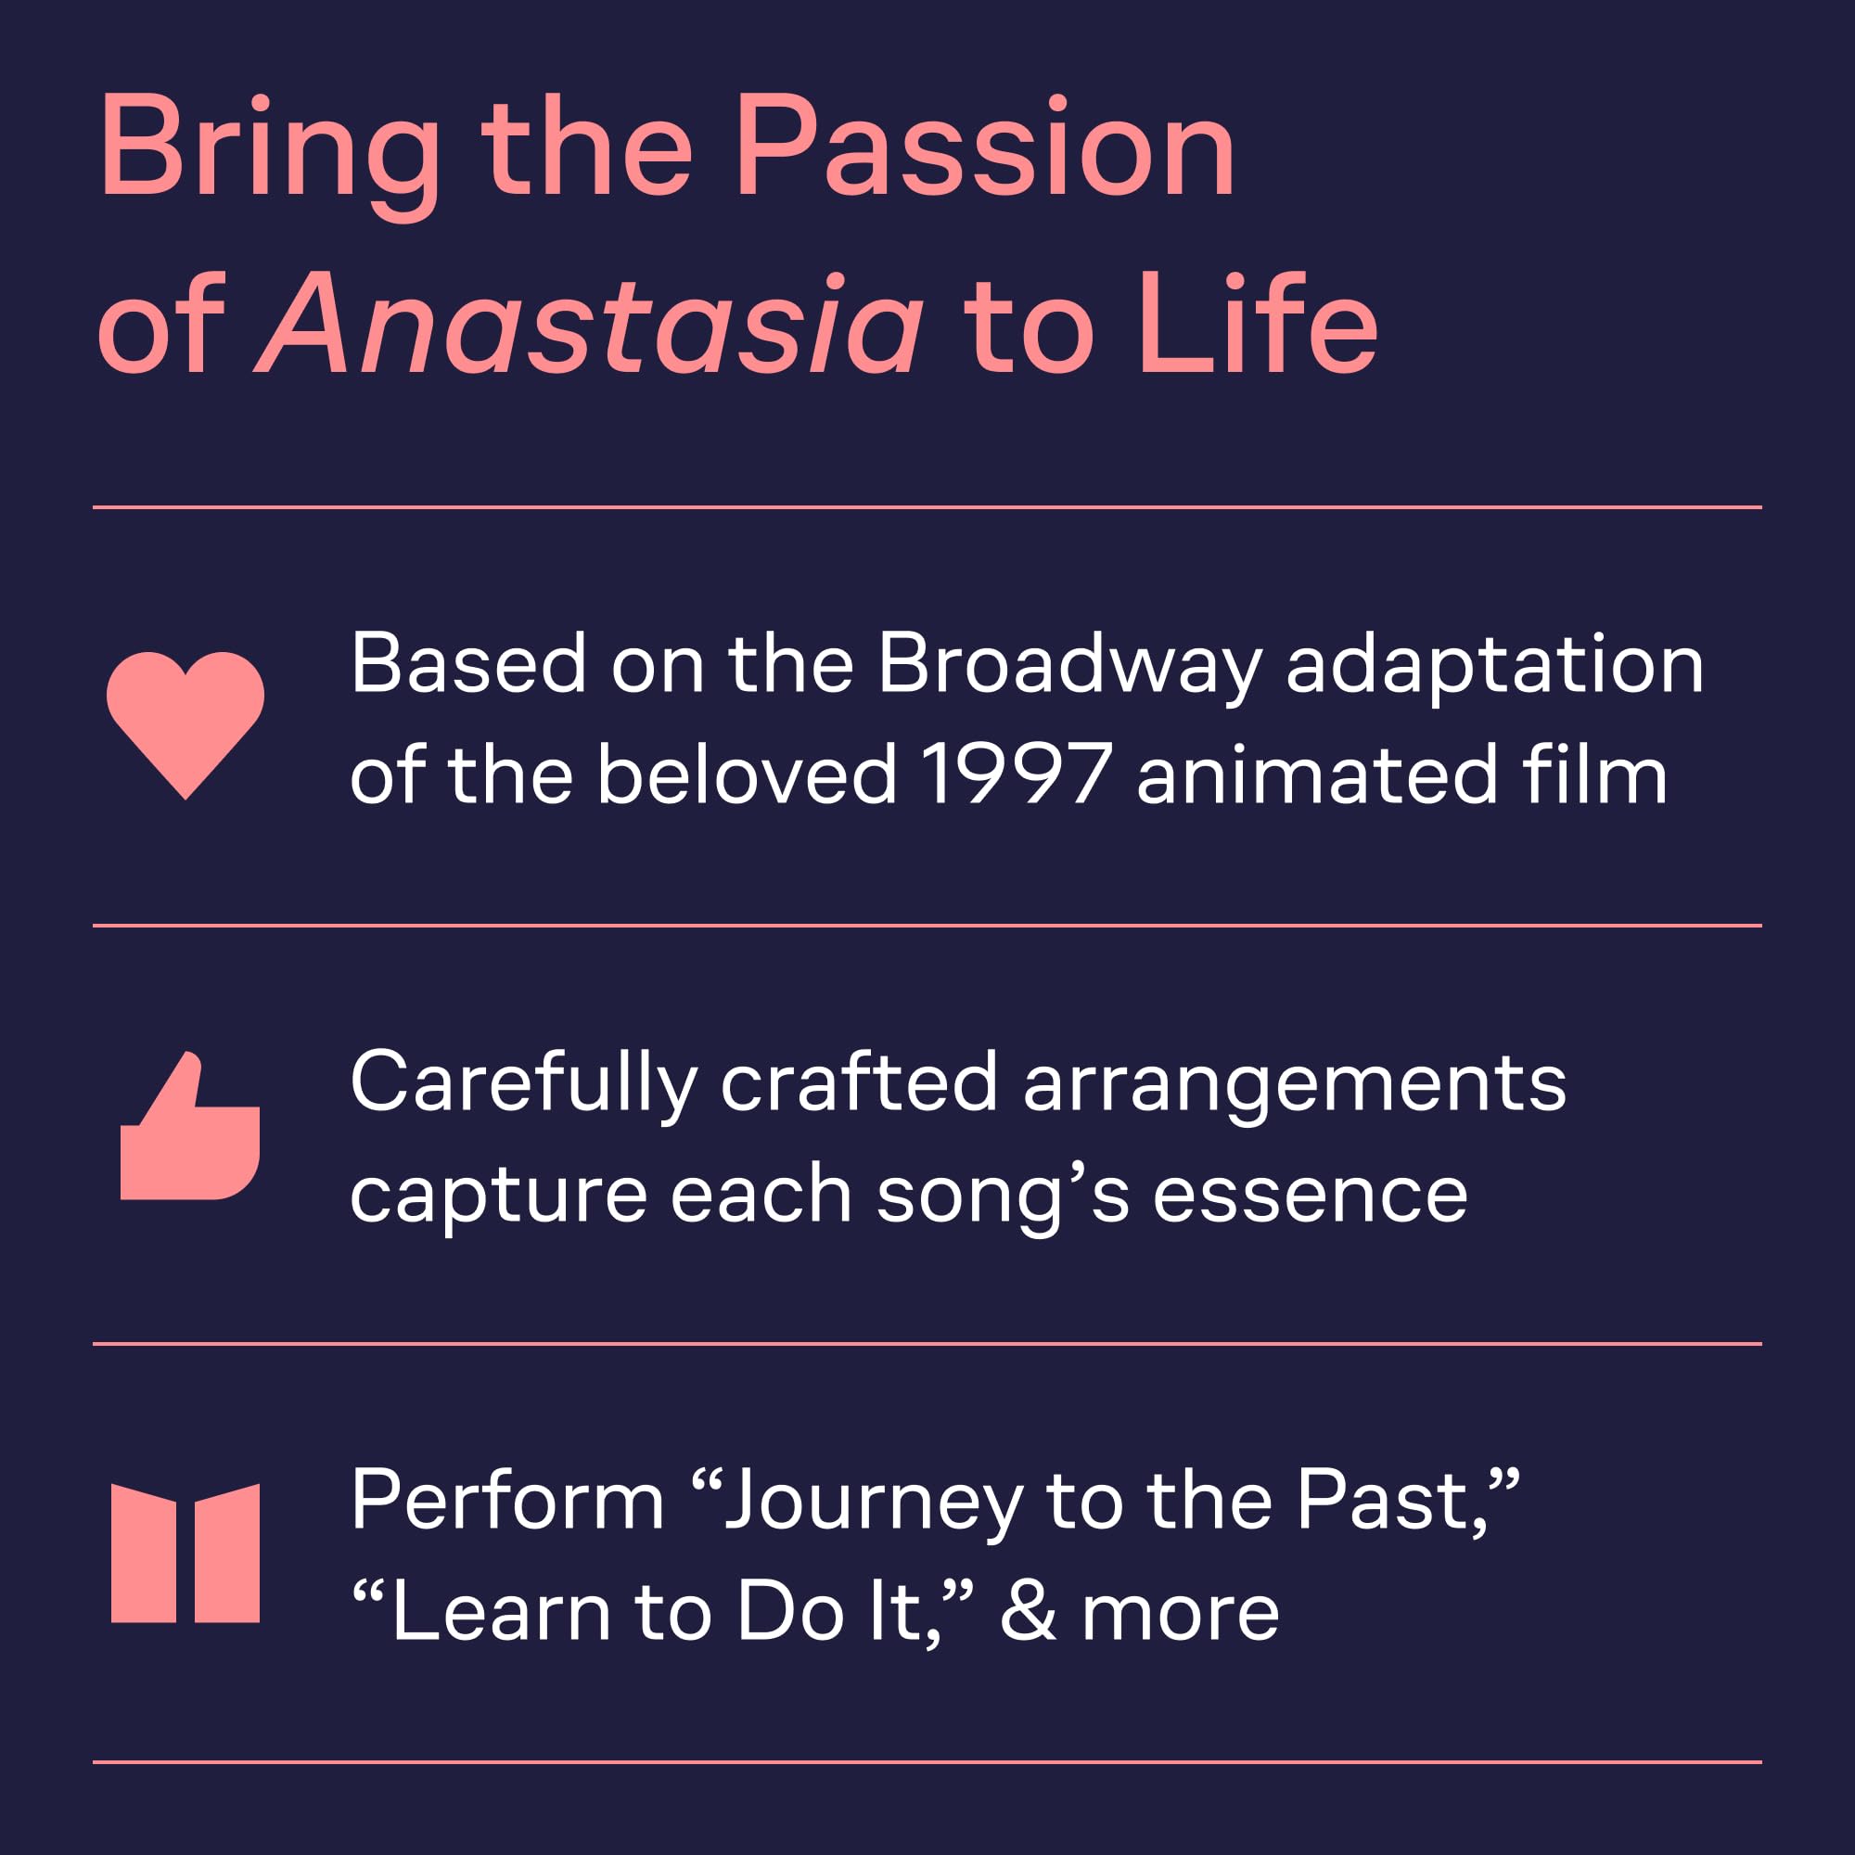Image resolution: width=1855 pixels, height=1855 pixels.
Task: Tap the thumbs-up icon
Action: [x=190, y=1125]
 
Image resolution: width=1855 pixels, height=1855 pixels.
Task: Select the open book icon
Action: [x=185, y=1553]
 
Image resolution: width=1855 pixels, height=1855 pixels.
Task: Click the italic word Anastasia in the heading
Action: [x=590, y=324]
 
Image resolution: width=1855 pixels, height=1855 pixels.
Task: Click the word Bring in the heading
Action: [x=269, y=159]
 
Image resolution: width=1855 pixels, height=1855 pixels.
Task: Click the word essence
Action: [x=1310, y=1196]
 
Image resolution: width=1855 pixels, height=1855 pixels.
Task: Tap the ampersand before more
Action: [x=1029, y=1612]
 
